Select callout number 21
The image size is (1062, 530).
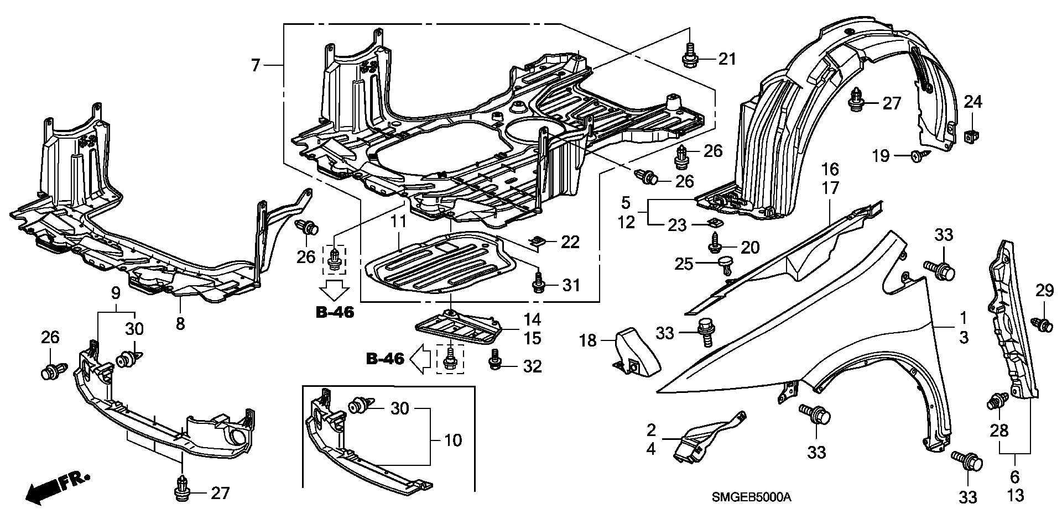tap(727, 58)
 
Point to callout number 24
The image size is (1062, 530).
tap(973, 102)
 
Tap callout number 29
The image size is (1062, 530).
tap(1044, 291)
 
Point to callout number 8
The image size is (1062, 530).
tap(180, 323)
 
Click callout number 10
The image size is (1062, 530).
tap(452, 441)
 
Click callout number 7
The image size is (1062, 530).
tap(255, 66)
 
